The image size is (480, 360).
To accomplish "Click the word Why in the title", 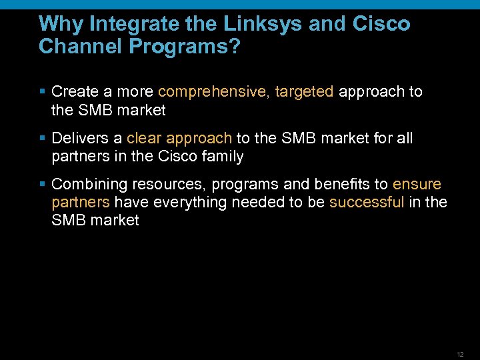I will click(x=61, y=24).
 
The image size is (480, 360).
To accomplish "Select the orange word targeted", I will click(x=304, y=91).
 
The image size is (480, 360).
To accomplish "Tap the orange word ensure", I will click(x=417, y=184).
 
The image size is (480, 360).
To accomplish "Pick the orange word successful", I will click(x=367, y=202).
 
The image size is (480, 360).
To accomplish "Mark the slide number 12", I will click(x=460, y=354).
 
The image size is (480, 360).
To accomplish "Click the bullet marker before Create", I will click(x=43, y=91).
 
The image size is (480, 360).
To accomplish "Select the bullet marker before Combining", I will click(x=43, y=184).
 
